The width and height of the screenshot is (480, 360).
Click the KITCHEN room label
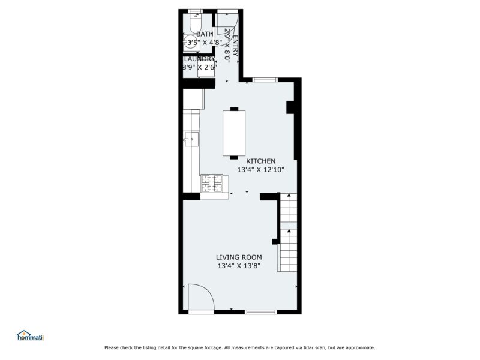[x=260, y=161]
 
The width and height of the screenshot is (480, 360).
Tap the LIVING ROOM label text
[x=239, y=257]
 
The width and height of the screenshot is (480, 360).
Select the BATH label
[x=204, y=34]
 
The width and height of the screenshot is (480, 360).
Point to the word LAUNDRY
[x=199, y=59]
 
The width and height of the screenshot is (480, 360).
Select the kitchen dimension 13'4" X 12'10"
[x=260, y=170]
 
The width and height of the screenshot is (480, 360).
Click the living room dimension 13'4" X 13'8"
[x=239, y=266]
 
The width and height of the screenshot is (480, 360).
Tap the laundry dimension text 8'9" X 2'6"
[x=199, y=67]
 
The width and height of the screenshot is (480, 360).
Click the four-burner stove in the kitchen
[x=212, y=183]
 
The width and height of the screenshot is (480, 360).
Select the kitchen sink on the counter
[x=190, y=140]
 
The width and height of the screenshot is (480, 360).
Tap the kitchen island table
[x=233, y=133]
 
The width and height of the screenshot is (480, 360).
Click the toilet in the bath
[x=195, y=21]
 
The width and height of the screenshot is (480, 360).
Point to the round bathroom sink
[x=190, y=43]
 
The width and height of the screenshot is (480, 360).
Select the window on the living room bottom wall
[x=260, y=311]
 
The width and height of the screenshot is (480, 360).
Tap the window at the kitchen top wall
[x=265, y=79]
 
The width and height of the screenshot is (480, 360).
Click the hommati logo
[x=31, y=336]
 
